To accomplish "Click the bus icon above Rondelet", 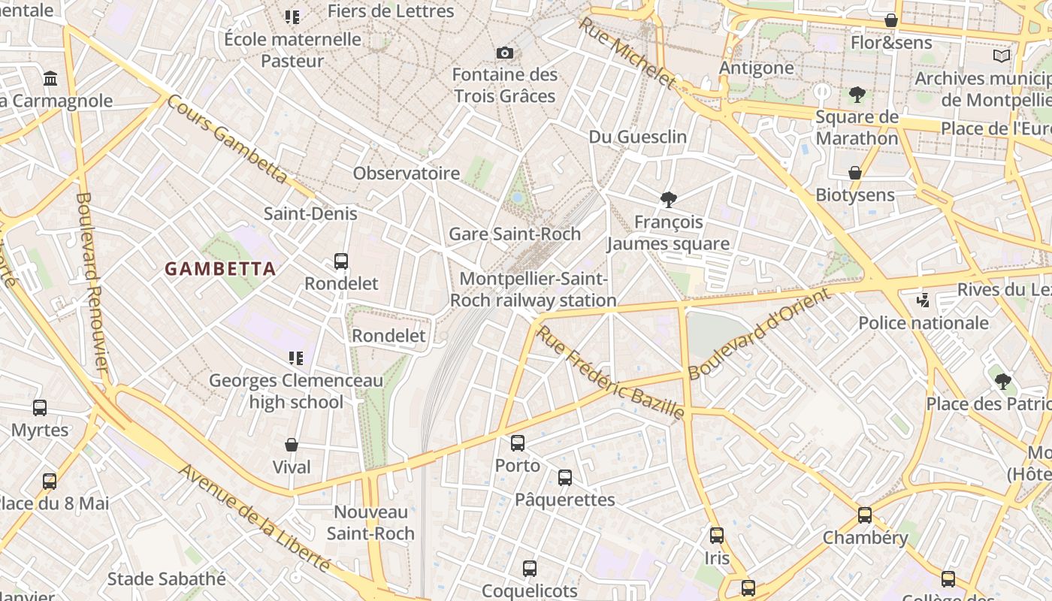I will (x=340, y=261).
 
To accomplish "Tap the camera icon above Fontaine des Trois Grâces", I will (x=505, y=53).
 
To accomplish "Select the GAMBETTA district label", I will (x=220, y=268).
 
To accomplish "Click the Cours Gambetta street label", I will (x=227, y=139).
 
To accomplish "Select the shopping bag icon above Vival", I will (x=292, y=445).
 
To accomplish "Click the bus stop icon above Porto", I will (x=517, y=443).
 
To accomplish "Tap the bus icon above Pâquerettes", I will (x=564, y=478).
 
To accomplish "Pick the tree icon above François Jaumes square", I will (x=668, y=200).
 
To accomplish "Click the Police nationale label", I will (x=924, y=323).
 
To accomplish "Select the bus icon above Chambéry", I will (x=865, y=515).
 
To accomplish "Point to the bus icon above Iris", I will (x=717, y=536).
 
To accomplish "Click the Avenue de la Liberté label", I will (x=255, y=517).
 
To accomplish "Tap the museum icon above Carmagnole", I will (x=50, y=78).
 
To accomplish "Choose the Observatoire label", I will (x=407, y=174).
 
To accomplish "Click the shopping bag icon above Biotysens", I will (x=854, y=173).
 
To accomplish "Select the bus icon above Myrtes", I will (x=40, y=408).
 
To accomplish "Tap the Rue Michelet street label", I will (x=627, y=53).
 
